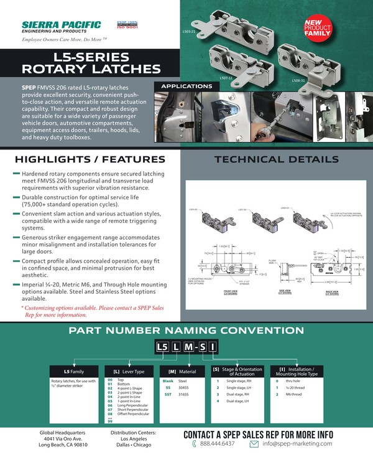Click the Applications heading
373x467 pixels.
[186, 86]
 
